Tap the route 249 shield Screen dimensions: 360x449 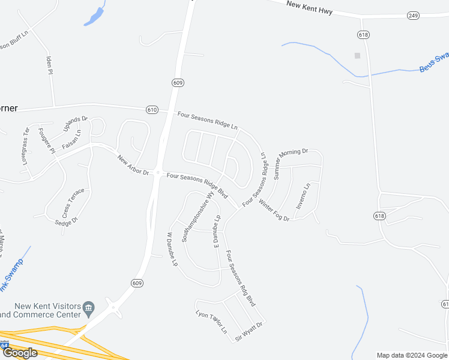tap(412, 15)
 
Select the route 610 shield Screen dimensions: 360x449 tap(152, 110)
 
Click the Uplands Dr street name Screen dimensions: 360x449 tap(76, 124)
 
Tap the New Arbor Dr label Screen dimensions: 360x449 tap(133, 165)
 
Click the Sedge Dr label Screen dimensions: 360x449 tap(66, 221)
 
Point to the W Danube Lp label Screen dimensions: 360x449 tap(172, 250)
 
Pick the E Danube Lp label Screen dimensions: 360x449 tap(217, 230)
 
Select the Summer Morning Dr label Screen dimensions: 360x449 tap(291, 164)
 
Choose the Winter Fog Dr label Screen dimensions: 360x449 tap(274, 211)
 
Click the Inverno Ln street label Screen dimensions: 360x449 tap(303, 196)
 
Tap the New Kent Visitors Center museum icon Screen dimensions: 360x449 tap(89, 308)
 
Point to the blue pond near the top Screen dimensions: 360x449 tap(95, 16)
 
